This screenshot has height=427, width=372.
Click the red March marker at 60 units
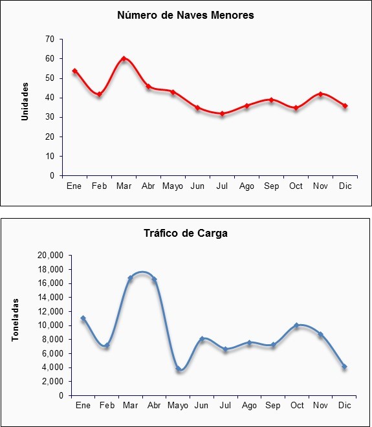click(x=124, y=58)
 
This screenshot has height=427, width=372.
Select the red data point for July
click(x=222, y=114)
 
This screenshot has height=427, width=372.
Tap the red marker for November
click(x=320, y=94)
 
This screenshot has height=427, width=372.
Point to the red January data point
click(x=74, y=71)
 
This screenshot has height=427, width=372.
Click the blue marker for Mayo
click(x=179, y=369)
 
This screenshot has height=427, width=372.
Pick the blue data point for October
click(x=296, y=325)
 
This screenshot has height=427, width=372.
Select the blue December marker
click(x=344, y=367)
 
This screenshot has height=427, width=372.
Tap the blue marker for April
click(x=154, y=279)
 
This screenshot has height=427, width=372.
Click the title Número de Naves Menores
click(x=186, y=16)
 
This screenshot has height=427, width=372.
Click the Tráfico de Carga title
click(x=186, y=233)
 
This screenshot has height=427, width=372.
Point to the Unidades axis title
click(x=25, y=102)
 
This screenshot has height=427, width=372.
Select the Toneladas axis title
click(x=16, y=320)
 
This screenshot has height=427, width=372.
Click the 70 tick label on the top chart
click(x=50, y=39)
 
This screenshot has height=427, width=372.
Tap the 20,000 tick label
click(x=50, y=256)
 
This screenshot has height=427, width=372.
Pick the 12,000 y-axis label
click(x=50, y=311)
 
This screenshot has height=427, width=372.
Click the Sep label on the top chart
click(x=272, y=186)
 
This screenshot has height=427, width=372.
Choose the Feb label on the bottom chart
click(x=107, y=406)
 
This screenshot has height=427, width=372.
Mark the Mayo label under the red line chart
click(x=173, y=186)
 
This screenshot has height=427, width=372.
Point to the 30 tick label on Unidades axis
click(x=50, y=117)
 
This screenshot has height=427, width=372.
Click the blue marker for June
click(x=202, y=338)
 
